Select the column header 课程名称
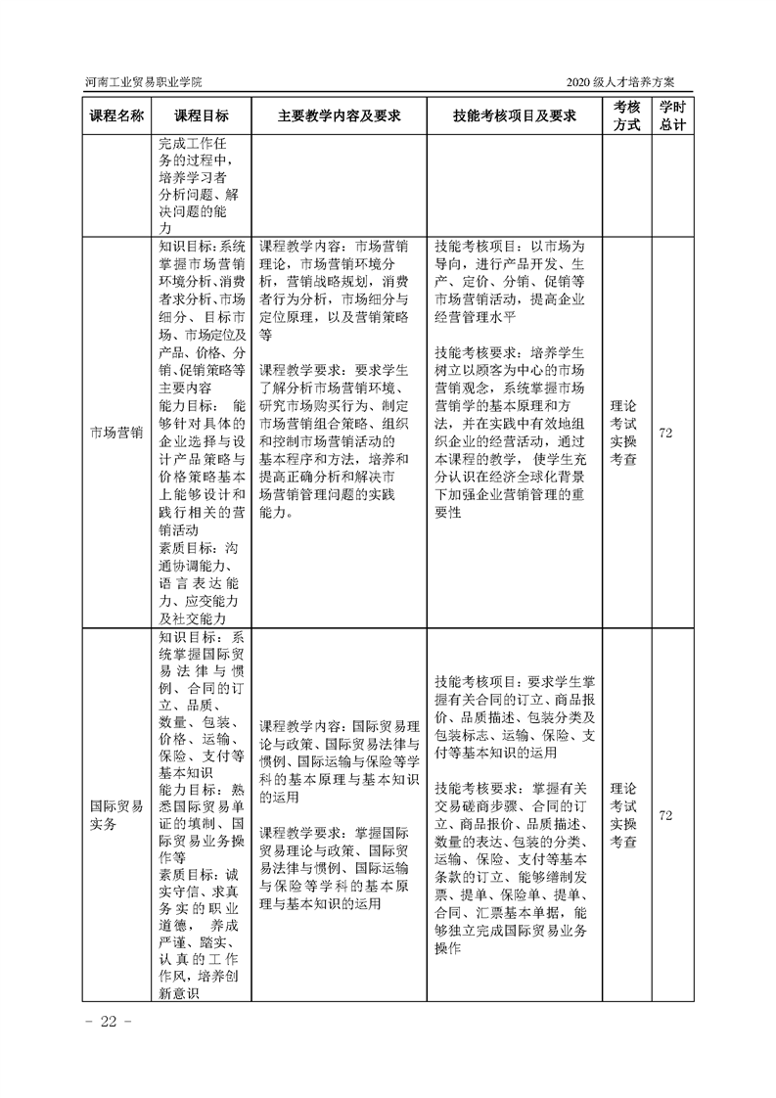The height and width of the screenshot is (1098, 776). [x=116, y=115]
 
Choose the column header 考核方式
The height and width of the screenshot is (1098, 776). [x=624, y=115]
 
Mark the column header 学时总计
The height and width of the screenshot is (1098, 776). [x=670, y=115]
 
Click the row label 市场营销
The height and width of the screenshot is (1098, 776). [x=116, y=432]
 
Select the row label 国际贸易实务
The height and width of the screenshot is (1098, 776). [x=116, y=816]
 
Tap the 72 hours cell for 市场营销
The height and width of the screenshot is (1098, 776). [x=666, y=432]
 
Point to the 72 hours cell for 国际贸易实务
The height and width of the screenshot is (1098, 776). [x=666, y=815]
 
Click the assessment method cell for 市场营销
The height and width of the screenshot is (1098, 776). [x=623, y=432]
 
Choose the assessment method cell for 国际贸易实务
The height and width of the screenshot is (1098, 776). [x=623, y=814]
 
